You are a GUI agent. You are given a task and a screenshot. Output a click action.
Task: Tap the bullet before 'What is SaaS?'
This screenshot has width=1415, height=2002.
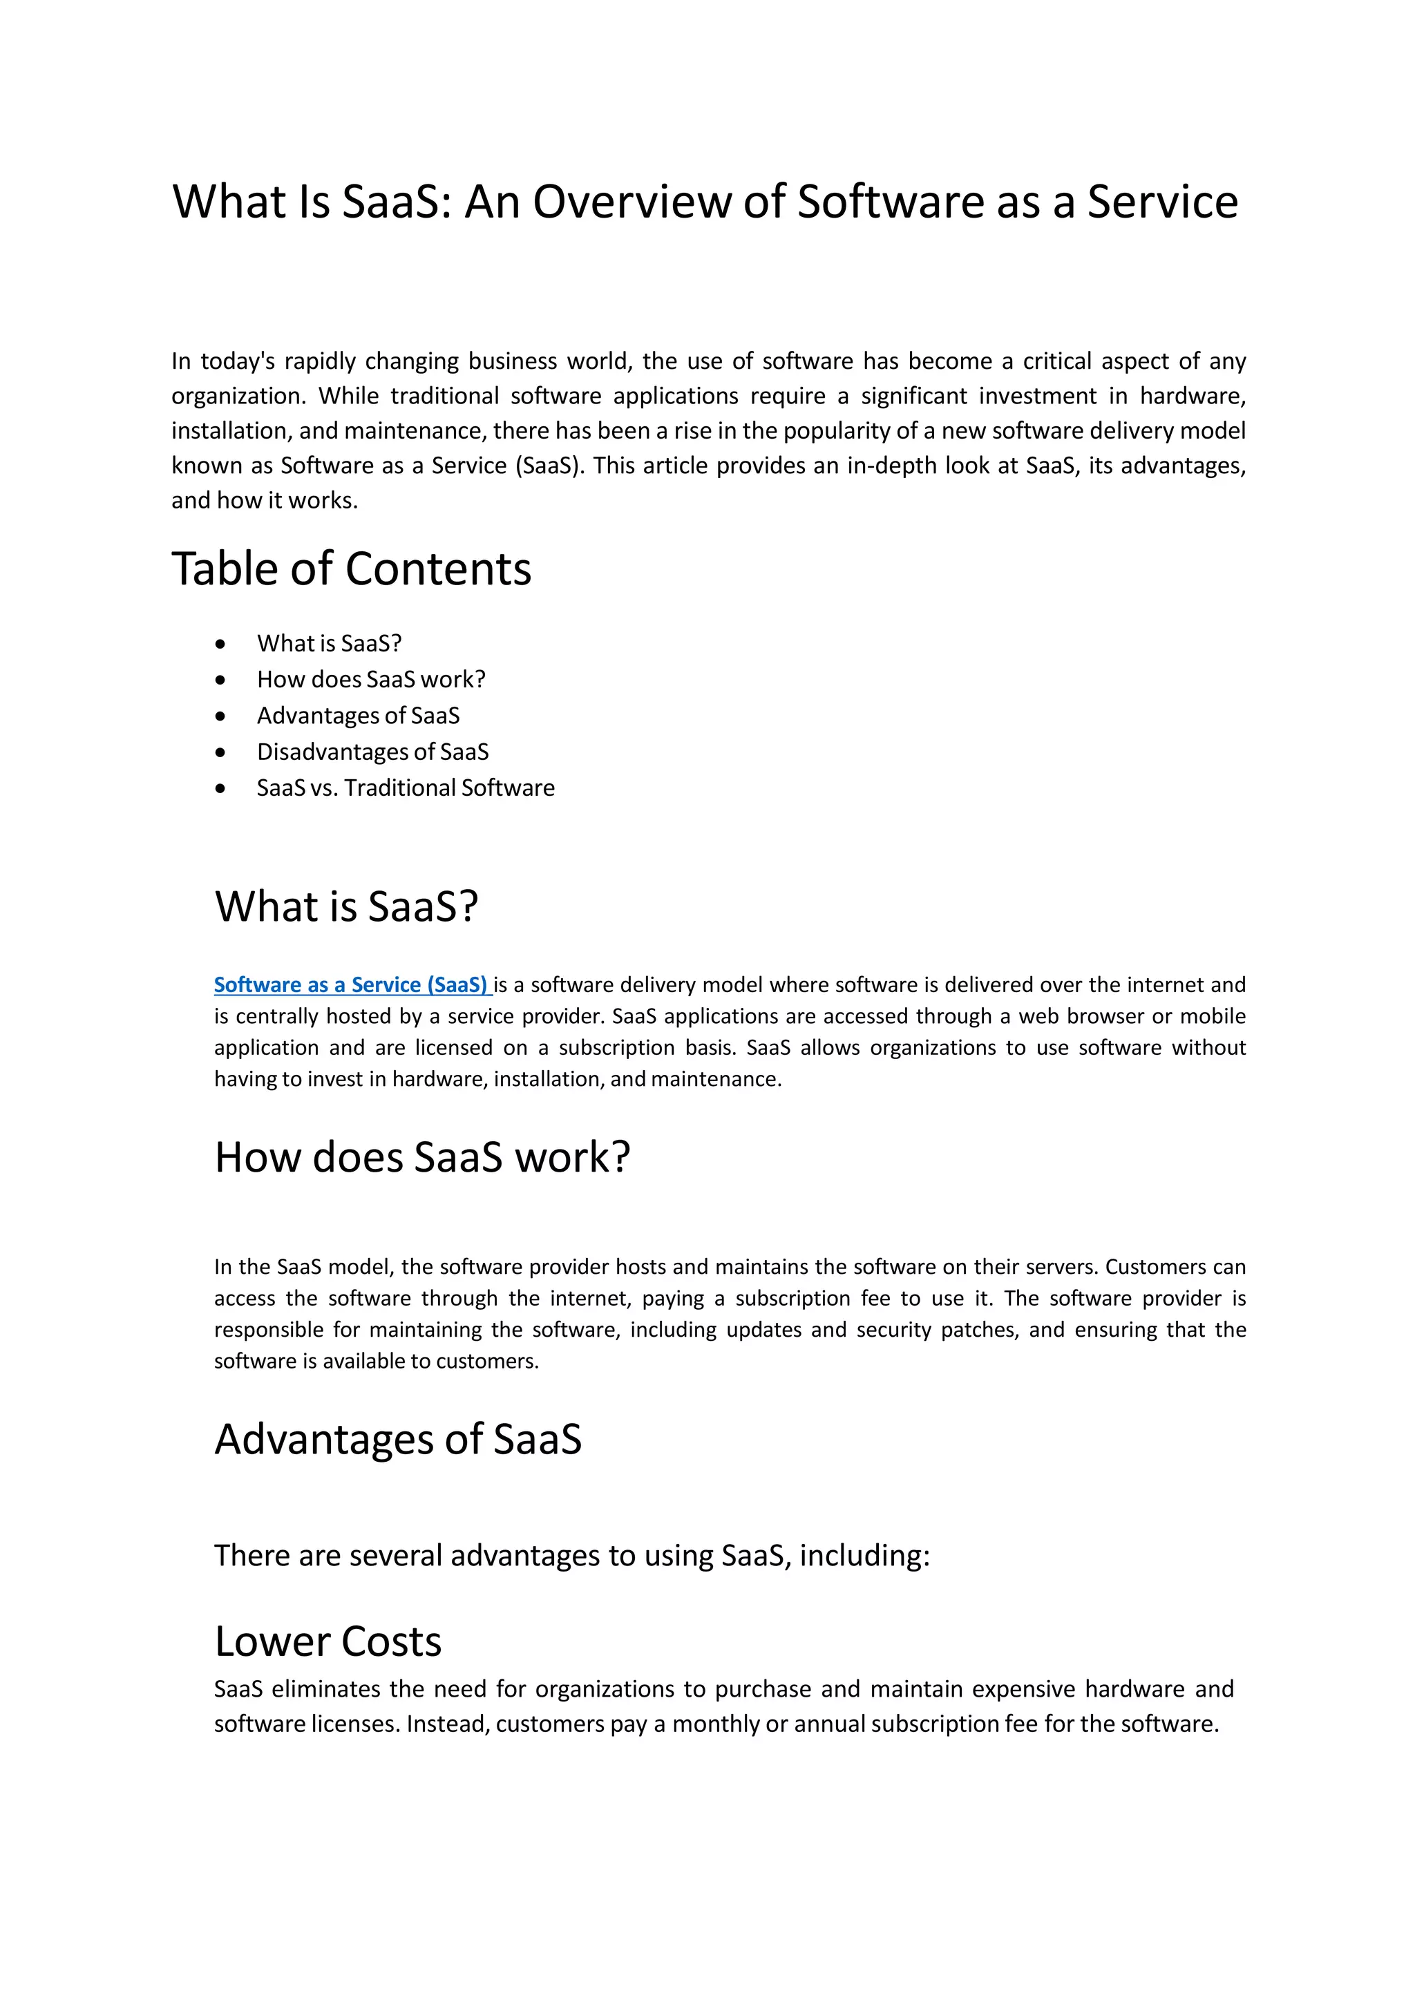pyautogui.click(x=220, y=645)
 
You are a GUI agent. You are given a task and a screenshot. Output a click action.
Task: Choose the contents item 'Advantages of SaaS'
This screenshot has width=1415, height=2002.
pyautogui.click(x=357, y=716)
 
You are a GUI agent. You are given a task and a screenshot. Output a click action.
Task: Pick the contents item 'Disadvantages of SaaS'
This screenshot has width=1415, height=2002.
pyautogui.click(x=372, y=752)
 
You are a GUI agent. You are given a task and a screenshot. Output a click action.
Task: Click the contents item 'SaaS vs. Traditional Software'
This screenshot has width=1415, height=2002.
pyautogui.click(x=406, y=788)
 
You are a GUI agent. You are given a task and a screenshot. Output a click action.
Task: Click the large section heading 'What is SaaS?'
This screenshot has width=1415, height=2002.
pyautogui.click(x=346, y=907)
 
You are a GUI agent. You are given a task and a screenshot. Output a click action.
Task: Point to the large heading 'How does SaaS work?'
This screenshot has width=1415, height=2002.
pyautogui.click(x=422, y=1158)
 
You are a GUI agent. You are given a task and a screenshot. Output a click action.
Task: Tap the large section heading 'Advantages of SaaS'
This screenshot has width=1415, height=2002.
pyautogui.click(x=397, y=1440)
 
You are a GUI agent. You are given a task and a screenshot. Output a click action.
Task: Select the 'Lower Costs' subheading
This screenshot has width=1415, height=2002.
pyautogui.click(x=327, y=1642)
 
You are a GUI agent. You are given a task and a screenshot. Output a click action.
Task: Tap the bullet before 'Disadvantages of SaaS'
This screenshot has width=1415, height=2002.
pyautogui.click(x=220, y=752)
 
